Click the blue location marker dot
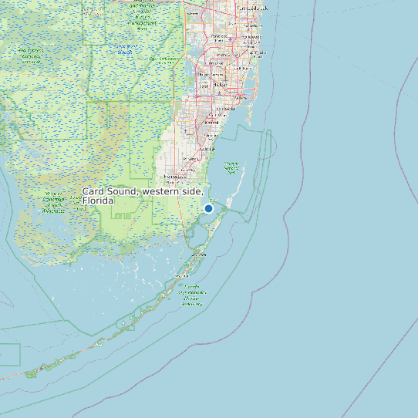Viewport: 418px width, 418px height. point(208,208)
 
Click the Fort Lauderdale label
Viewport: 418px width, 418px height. point(252,8)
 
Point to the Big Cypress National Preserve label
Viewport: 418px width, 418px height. point(31,55)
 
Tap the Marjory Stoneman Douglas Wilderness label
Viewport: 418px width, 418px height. point(53,201)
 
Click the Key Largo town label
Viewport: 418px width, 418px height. point(199,254)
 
